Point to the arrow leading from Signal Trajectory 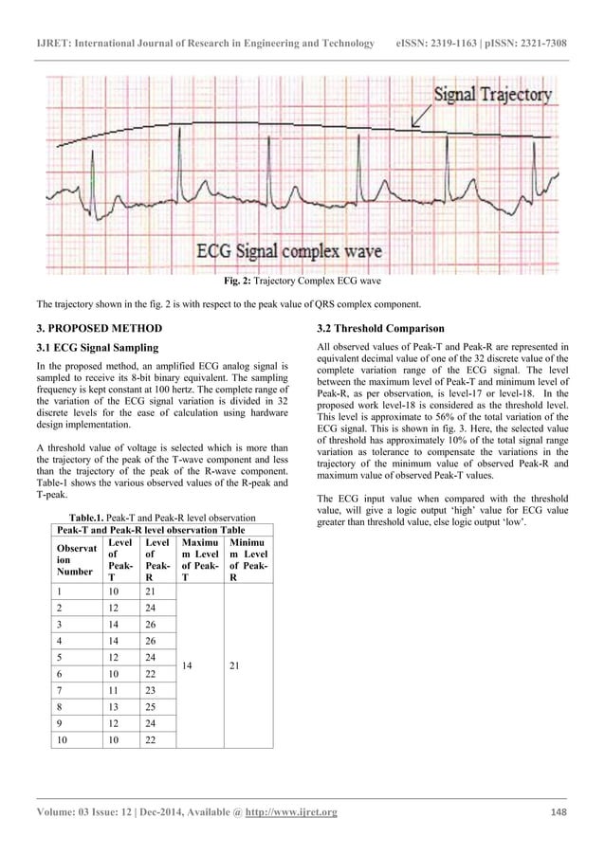click(x=418, y=116)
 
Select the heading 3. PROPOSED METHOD click(x=99, y=329)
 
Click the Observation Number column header click(x=71, y=558)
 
